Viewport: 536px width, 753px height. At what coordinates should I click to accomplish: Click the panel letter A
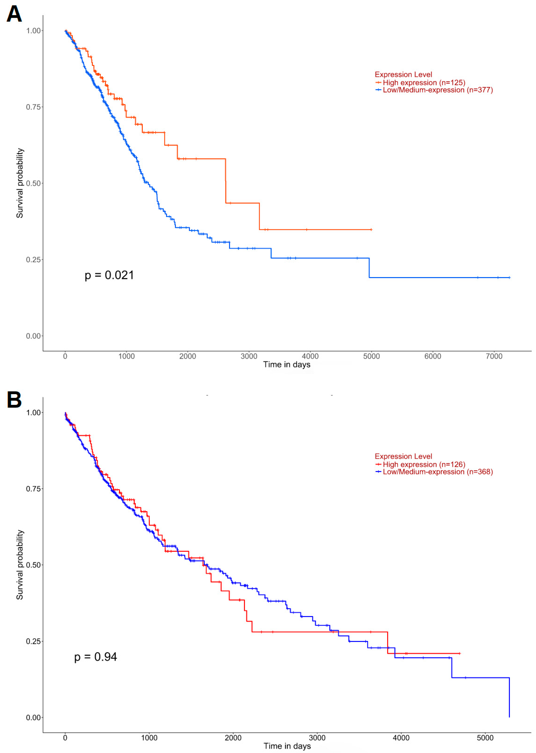point(14,14)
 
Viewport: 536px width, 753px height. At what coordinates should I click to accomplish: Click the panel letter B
point(14,399)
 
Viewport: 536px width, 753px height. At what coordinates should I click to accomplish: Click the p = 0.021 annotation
point(109,275)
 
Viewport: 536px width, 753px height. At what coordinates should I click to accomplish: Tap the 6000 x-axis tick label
point(432,356)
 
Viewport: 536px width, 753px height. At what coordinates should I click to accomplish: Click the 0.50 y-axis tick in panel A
point(33,183)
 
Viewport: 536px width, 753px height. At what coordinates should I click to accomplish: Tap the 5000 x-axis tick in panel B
point(485,738)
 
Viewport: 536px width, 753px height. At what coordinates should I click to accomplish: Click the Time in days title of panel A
point(287,364)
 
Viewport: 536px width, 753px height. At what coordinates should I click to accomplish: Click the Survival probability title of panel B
point(20,565)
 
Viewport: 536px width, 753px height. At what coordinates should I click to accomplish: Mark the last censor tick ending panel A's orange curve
point(371,230)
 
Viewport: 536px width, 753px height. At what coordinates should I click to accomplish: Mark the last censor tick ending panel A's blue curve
point(509,277)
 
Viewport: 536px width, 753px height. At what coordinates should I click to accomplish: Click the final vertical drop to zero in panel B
point(509,698)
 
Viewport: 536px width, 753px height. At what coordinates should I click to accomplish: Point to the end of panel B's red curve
point(460,653)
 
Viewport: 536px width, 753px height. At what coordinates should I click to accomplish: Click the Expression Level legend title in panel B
point(403,456)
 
